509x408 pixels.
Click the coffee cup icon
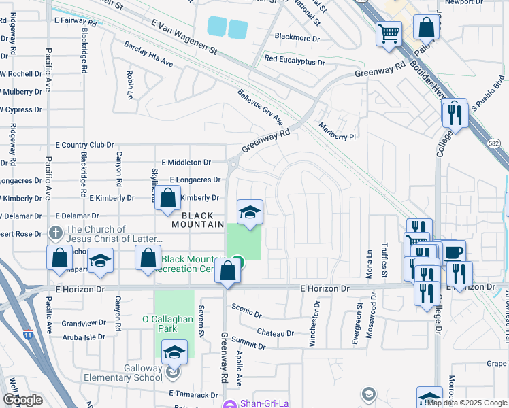(453, 252)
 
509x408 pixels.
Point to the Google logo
(22, 400)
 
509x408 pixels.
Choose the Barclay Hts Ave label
(148, 54)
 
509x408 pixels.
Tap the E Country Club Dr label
(84, 145)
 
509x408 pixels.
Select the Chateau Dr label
(276, 333)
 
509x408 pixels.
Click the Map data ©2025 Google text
(466, 403)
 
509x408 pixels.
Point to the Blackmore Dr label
(296, 37)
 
